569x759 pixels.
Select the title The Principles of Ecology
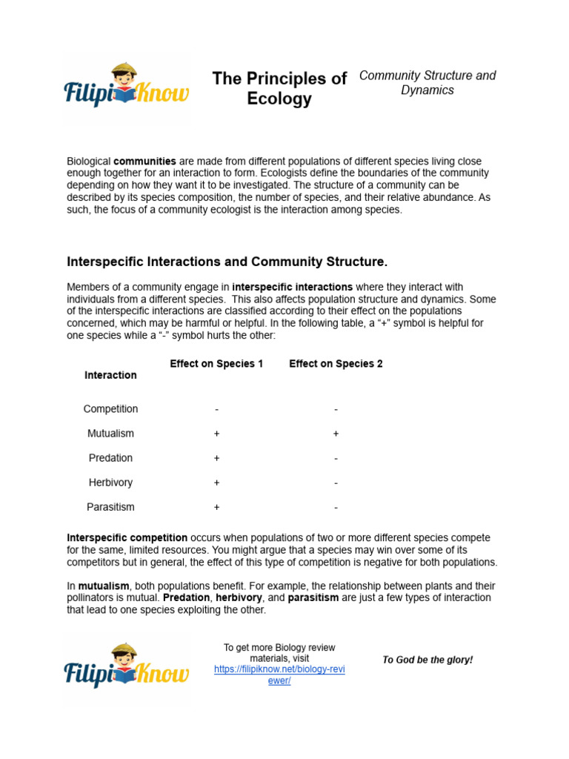tap(279, 89)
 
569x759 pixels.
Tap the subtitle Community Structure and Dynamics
tap(427, 83)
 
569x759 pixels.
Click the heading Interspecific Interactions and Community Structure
tap(227, 262)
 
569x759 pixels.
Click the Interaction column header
tap(110, 375)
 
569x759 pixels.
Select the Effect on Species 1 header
tap(216, 363)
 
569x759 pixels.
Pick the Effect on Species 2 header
tap(336, 363)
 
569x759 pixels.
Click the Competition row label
tap(110, 409)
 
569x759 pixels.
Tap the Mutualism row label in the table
tap(110, 434)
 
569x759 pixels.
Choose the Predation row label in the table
tap(110, 458)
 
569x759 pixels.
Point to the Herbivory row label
tap(110, 483)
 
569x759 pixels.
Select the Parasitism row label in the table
tap(110, 507)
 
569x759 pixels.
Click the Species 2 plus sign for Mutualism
tap(336, 434)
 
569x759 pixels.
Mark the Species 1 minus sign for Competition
tap(216, 409)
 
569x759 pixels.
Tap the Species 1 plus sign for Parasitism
tap(216, 507)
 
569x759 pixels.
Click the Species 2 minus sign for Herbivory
tap(336, 483)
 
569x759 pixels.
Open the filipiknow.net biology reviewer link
tap(279, 675)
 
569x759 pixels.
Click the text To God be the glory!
tap(427, 660)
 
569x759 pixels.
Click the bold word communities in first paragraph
tap(144, 161)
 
